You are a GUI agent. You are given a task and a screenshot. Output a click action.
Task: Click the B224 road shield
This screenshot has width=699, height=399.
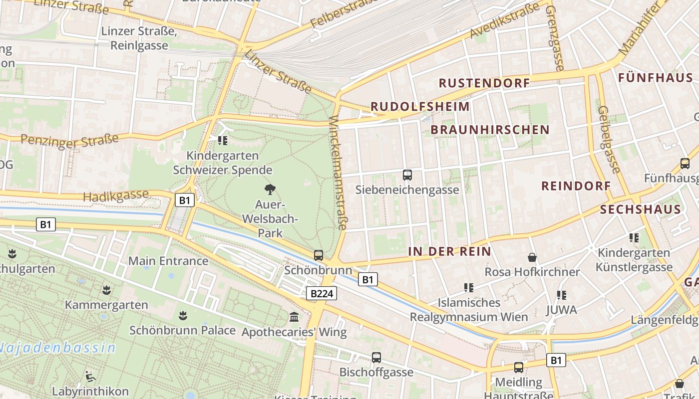(322, 294)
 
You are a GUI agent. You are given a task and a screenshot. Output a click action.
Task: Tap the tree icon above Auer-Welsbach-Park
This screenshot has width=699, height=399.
(270, 190)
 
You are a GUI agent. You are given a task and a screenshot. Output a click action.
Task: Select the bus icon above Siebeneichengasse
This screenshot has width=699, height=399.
(407, 175)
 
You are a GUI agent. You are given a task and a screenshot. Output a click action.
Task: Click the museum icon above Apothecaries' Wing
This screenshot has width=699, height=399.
(294, 317)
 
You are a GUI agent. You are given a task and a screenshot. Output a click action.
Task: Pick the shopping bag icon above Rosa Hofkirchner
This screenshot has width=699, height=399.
(532, 257)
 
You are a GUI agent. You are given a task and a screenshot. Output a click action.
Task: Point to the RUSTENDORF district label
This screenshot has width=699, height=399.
(484, 83)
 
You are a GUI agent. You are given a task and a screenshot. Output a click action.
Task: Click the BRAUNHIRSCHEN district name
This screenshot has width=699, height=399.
(490, 130)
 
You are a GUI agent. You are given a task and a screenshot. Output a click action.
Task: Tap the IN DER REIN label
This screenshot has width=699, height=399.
(450, 252)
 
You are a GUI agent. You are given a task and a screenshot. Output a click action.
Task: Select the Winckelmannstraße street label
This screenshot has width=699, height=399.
(338, 173)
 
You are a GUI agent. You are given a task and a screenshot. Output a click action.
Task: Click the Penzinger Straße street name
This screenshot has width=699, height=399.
(70, 140)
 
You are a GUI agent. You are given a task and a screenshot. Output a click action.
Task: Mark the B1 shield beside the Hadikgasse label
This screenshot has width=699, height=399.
(185, 200)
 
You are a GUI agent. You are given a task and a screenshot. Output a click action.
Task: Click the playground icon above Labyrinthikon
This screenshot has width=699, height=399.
(90, 376)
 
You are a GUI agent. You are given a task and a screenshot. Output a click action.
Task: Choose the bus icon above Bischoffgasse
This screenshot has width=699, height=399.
(376, 358)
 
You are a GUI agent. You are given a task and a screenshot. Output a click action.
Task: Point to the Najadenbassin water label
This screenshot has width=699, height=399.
(57, 348)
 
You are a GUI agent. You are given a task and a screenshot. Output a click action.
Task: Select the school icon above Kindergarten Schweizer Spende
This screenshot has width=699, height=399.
(223, 141)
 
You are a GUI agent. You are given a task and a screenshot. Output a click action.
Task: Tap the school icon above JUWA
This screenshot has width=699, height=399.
(562, 295)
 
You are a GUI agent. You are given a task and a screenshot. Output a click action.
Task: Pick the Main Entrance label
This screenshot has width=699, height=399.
(168, 261)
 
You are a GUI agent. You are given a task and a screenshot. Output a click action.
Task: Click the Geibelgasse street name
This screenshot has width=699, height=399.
(609, 140)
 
